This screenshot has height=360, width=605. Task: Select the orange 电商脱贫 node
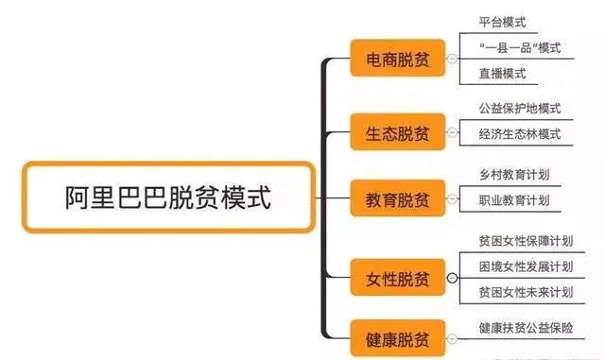(x=397, y=60)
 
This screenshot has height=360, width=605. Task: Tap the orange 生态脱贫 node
(x=397, y=132)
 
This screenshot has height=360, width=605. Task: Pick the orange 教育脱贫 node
(x=397, y=200)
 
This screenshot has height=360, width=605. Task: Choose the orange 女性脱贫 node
(x=397, y=279)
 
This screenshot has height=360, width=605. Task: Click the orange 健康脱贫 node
(x=397, y=337)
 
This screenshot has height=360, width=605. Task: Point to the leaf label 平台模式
(x=503, y=22)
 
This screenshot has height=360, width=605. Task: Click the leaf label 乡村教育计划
(x=514, y=176)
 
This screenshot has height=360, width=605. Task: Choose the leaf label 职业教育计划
(x=514, y=200)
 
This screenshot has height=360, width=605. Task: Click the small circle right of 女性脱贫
(x=452, y=279)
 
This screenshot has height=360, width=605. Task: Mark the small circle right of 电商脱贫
(x=452, y=60)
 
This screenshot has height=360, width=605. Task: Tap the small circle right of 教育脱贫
(x=452, y=200)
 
